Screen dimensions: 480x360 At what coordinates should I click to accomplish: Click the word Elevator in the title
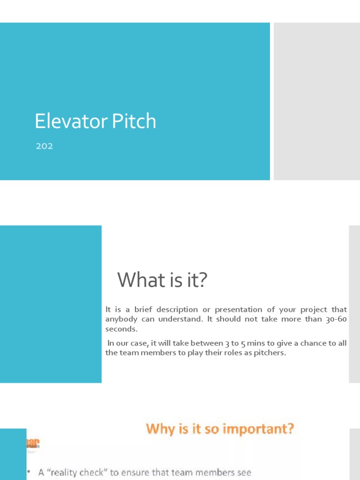click(63, 121)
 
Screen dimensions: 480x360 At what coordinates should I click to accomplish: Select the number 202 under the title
click(45, 146)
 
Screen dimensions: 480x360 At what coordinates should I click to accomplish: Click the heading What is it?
click(162, 280)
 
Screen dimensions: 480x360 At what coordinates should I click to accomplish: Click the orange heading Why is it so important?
click(220, 428)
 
